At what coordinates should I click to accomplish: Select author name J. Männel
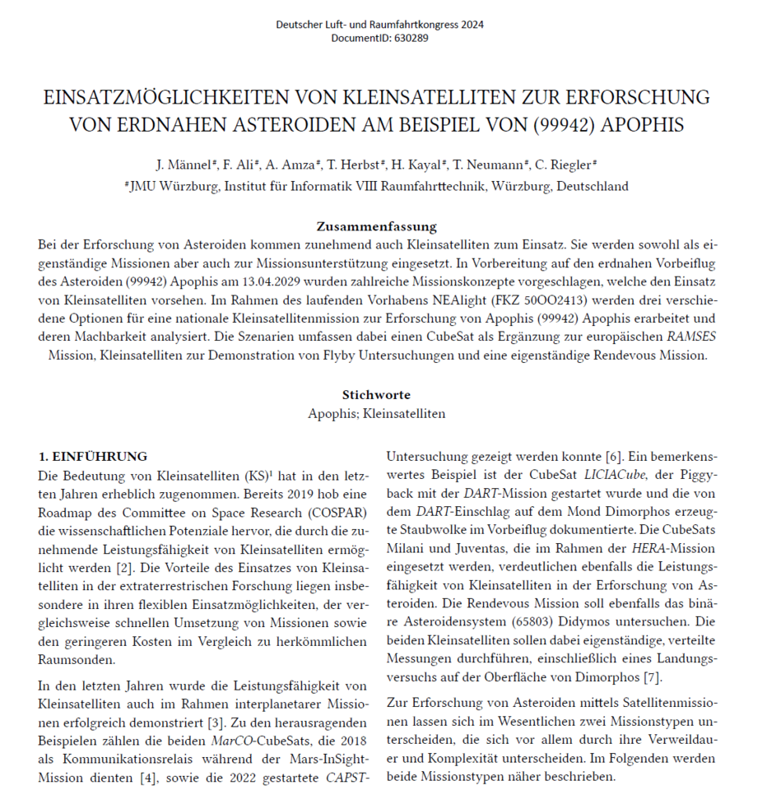[x=199, y=164]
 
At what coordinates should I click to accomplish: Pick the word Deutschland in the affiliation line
[x=593, y=186]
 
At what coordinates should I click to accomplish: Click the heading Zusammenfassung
[x=376, y=226]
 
